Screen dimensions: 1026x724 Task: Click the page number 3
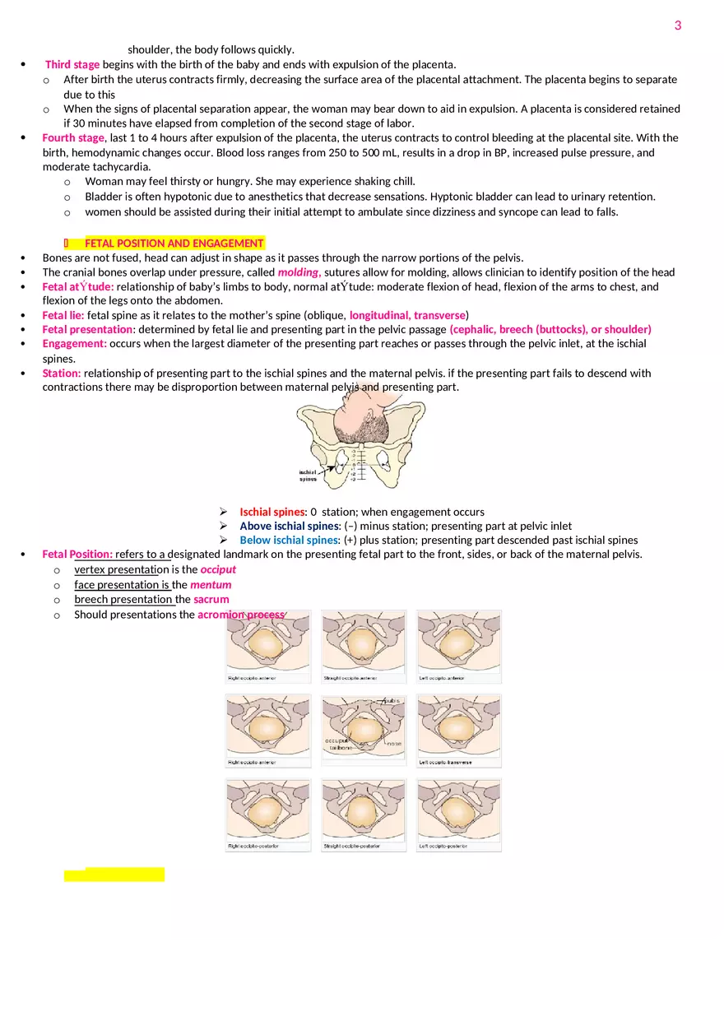click(678, 26)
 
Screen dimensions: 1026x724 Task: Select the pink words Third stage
click(72, 64)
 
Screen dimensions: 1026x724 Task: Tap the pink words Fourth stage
click(73, 137)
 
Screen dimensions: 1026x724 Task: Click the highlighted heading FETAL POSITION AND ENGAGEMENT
click(174, 243)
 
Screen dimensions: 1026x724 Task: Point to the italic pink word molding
click(298, 272)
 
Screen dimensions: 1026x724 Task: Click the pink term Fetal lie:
click(63, 315)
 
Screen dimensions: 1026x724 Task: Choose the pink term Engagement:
click(74, 343)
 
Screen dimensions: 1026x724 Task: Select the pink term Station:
click(62, 373)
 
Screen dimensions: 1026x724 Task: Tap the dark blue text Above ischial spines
click(289, 526)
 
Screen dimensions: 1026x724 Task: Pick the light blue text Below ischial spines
click(289, 540)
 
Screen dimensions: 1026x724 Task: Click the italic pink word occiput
click(218, 569)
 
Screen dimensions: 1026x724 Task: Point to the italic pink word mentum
click(211, 585)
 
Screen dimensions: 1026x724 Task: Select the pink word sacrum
click(211, 599)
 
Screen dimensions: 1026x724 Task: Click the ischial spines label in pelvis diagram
click(308, 476)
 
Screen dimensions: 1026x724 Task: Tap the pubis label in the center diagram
click(391, 701)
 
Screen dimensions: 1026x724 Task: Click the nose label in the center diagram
click(394, 743)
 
